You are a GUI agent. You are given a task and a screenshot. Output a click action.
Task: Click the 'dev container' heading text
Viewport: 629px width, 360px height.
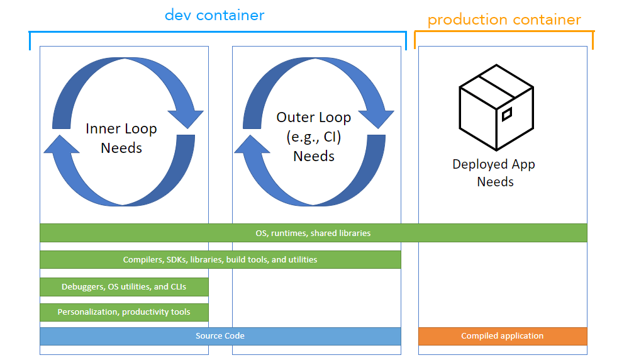coord(214,14)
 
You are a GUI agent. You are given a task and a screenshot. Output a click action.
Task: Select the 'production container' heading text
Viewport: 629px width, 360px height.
coord(504,20)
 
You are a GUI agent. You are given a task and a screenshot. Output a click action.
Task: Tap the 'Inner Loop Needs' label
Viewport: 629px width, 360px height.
coord(121,138)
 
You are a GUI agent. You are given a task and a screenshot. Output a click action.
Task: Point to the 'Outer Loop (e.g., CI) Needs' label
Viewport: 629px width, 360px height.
coord(314,137)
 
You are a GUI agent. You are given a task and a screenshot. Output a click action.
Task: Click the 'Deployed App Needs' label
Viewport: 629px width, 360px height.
coord(494,173)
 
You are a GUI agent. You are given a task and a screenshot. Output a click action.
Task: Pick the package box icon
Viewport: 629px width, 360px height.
coord(496,108)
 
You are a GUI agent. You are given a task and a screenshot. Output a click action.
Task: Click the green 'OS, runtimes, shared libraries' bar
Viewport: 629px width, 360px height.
coord(313,233)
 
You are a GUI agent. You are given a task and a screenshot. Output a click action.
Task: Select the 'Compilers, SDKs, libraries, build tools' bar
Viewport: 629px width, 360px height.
coord(220,259)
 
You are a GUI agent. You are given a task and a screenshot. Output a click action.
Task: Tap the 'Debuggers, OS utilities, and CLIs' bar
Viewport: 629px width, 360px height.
coord(124,287)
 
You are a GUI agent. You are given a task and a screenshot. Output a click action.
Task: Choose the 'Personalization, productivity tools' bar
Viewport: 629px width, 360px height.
coord(124,312)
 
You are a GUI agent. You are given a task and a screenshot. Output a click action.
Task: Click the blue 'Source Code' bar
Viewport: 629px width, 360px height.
coord(220,336)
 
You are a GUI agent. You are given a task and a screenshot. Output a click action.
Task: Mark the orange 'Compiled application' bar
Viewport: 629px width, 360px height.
coord(502,336)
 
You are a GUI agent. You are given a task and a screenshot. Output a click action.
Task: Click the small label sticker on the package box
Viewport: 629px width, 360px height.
coord(507,114)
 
